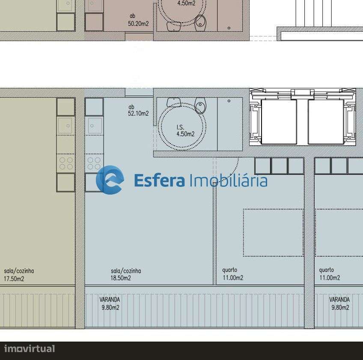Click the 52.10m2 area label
point(138,111)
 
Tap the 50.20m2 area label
point(138,21)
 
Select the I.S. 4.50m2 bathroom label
point(185,131)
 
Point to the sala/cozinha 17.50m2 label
point(19,275)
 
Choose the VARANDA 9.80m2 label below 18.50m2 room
point(110,303)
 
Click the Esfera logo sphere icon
point(110,180)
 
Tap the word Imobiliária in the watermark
point(228,180)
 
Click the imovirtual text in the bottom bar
point(30,349)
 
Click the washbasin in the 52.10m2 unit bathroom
point(173,102)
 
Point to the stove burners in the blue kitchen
point(94,163)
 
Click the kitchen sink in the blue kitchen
point(94,126)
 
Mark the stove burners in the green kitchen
point(66,163)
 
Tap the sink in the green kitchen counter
point(65,126)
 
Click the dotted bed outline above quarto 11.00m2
point(273,233)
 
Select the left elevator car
point(279,121)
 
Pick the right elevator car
point(326,121)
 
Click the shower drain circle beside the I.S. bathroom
point(229,101)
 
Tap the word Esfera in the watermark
point(159,180)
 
